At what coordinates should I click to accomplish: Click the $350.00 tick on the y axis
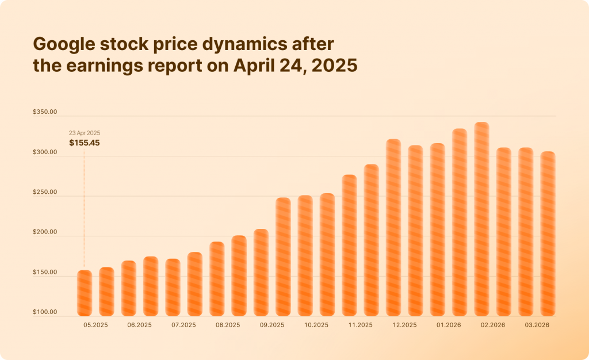click(45, 113)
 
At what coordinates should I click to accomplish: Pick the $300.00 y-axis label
click(45, 153)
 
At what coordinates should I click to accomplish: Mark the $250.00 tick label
click(45, 193)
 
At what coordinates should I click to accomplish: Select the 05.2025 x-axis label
click(95, 325)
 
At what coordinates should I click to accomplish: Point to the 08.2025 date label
click(228, 325)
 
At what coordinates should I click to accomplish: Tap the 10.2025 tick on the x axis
click(316, 325)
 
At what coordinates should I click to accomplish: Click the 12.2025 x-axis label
click(404, 325)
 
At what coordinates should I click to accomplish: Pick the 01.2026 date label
click(449, 325)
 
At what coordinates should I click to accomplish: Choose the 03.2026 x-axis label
click(537, 325)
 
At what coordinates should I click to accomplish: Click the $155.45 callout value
click(84, 143)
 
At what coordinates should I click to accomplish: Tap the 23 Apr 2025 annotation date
click(85, 133)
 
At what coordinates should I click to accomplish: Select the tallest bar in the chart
click(481, 219)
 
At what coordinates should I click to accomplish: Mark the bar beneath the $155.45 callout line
click(84, 293)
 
